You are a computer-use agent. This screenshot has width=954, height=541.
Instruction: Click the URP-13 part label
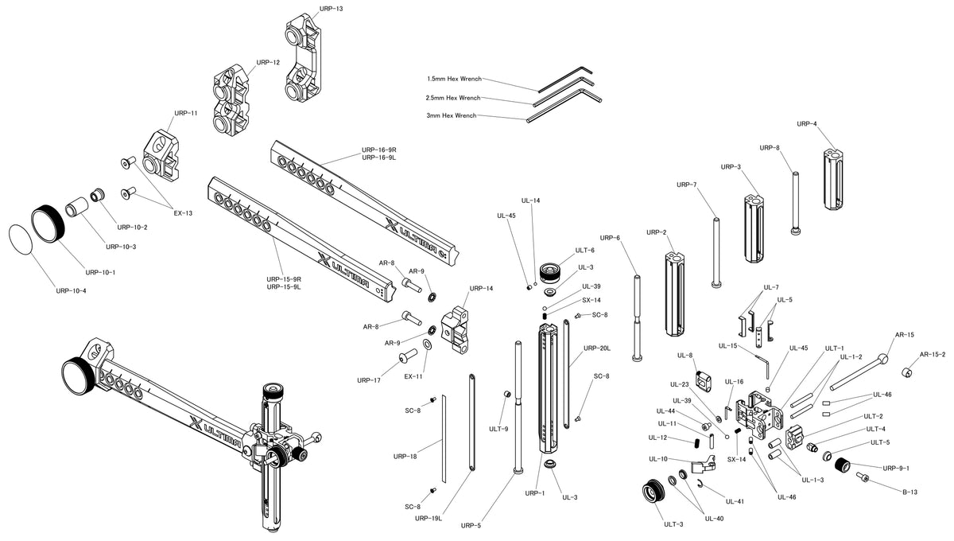coord(331,9)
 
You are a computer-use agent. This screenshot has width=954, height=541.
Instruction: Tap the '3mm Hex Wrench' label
coord(451,116)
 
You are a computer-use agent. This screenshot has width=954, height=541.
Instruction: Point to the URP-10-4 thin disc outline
coord(21,238)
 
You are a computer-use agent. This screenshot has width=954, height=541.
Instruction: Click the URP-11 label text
coord(186,113)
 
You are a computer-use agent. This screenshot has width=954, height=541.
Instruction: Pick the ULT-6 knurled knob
coord(550,270)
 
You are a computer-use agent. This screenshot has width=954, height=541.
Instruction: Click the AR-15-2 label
coord(932,354)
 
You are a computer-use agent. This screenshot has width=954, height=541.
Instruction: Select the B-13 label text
coord(909,492)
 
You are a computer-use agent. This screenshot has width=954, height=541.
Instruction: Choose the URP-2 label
coord(656,232)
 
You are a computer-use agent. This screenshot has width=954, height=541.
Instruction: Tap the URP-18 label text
coord(405,457)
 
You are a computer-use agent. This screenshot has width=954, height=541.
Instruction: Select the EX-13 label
coord(183,212)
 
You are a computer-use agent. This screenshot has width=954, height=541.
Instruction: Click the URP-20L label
coord(596,348)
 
